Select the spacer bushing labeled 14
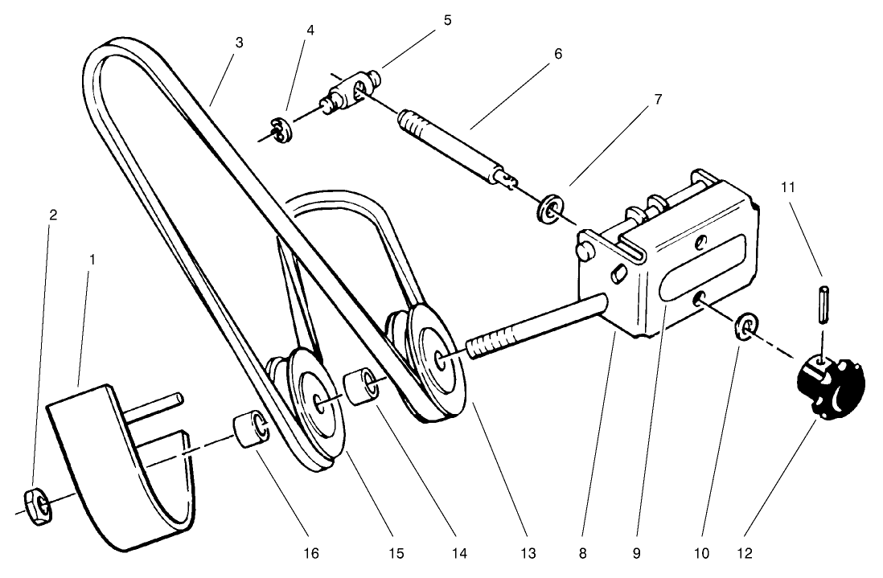point(360,386)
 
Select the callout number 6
point(557,54)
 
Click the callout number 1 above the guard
point(92,260)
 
